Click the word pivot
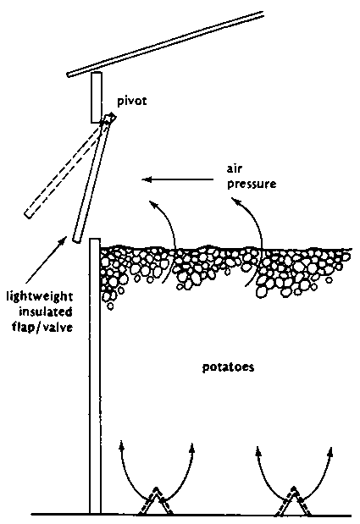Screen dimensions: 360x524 (x=131, y=102)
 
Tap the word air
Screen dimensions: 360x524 (x=235, y=168)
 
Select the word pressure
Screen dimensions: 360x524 (x=252, y=185)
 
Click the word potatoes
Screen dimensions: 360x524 (x=229, y=367)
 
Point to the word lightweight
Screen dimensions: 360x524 (x=40, y=297)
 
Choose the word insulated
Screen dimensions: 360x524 (x=46, y=312)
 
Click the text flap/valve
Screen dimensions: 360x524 (x=42, y=327)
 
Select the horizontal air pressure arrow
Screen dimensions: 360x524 (x=178, y=179)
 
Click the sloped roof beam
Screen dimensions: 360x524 (x=165, y=43)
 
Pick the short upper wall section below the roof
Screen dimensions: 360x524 (x=97, y=97)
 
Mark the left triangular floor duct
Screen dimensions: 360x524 (x=156, y=500)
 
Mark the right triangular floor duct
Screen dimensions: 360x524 (x=294, y=500)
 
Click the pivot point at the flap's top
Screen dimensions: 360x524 (x=110, y=118)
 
